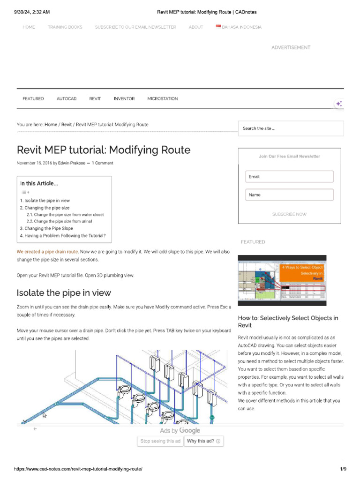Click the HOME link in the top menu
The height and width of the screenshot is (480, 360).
(29, 27)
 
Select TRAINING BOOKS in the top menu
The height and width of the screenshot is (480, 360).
(65, 27)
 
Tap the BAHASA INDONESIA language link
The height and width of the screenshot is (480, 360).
(239, 27)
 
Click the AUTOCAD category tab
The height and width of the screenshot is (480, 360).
(67, 98)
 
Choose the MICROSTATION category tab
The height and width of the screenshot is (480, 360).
(163, 98)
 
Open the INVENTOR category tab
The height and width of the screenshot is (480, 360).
(124, 98)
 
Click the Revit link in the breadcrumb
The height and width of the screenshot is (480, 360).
(67, 125)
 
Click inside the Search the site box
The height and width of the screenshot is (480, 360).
(291, 128)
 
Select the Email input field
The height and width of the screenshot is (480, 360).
(289, 177)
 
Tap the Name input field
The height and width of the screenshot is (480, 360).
(289, 195)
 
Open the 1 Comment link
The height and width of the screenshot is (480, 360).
(102, 163)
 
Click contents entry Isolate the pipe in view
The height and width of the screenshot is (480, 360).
(47, 201)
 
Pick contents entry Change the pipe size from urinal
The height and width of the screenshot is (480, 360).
(63, 221)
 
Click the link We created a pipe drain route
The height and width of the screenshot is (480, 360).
(47, 252)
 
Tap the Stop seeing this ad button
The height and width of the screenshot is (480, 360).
(160, 441)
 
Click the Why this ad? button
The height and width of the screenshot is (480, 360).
(203, 441)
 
